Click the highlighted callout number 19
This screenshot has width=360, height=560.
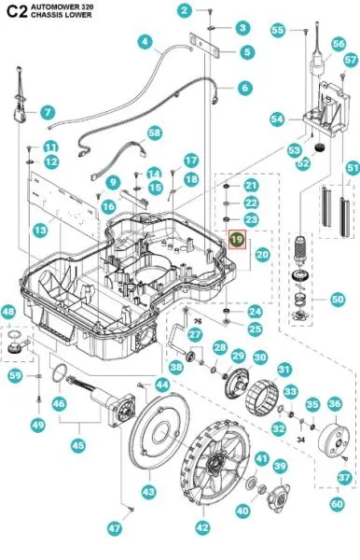click(x=237, y=239)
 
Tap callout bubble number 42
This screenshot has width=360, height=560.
click(x=202, y=527)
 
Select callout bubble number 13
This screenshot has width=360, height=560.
click(x=40, y=230)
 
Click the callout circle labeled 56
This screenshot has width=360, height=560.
click(x=339, y=44)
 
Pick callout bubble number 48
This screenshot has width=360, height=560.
click(x=8, y=312)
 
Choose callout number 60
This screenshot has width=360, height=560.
click(x=337, y=504)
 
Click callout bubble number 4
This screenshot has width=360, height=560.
click(x=145, y=41)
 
